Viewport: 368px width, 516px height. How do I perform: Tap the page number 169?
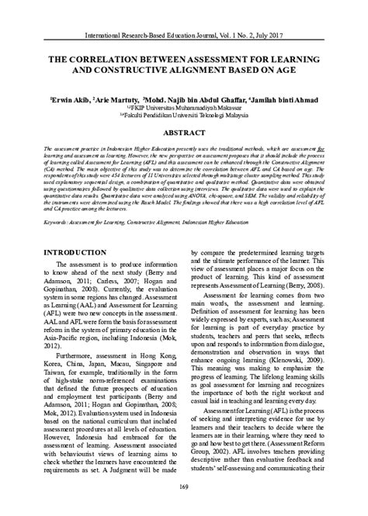(x=184, y=487)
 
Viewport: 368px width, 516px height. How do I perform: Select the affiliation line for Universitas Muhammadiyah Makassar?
(x=184, y=109)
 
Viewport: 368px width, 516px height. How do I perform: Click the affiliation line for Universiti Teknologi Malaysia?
(x=184, y=116)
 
